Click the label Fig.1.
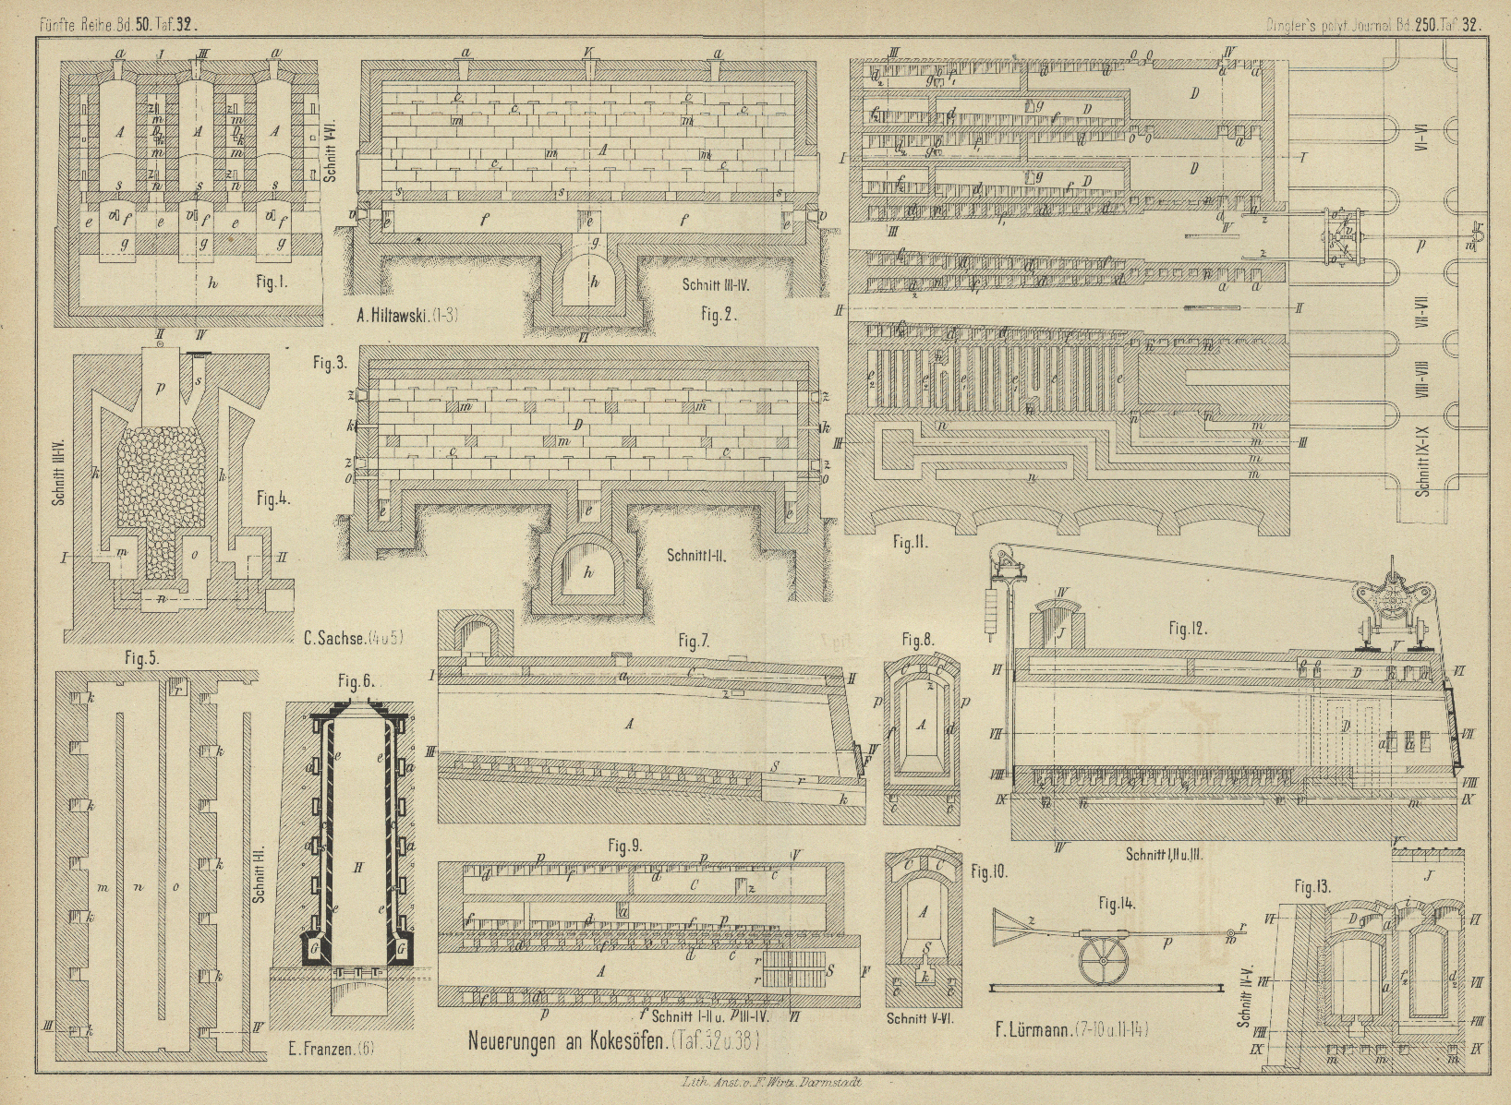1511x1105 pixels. point(272,282)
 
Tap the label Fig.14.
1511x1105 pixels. point(1116,904)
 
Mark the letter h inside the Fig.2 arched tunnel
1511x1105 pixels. point(594,282)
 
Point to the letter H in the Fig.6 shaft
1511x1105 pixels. point(357,868)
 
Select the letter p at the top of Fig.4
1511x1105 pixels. point(160,388)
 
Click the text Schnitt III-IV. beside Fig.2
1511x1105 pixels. point(716,285)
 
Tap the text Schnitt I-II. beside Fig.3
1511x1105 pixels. point(699,555)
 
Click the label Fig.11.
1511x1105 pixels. point(909,543)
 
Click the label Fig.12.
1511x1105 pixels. point(1190,629)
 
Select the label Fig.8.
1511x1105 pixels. point(918,639)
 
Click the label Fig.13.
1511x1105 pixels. point(1313,887)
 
